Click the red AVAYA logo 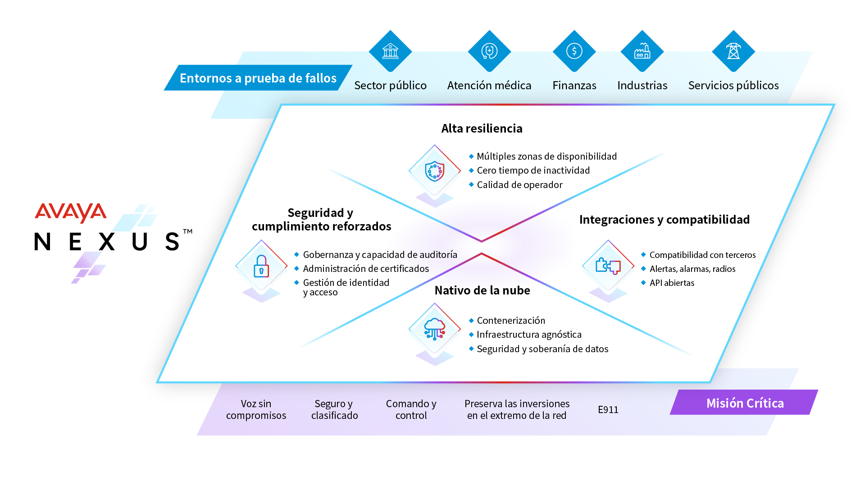click(x=71, y=212)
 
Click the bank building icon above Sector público click(x=390, y=51)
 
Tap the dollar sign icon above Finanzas click(x=574, y=51)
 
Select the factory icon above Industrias click(x=642, y=51)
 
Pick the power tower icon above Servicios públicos click(x=733, y=51)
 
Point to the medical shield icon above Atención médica click(x=489, y=51)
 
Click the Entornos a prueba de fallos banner click(x=258, y=78)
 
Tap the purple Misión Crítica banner click(x=744, y=403)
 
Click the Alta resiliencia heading click(x=482, y=129)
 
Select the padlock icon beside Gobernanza click(x=261, y=266)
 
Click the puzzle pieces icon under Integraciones click(x=608, y=266)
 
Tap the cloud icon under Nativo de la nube click(x=434, y=329)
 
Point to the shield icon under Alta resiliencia click(x=434, y=171)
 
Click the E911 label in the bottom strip click(x=608, y=409)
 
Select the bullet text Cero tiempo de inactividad click(x=533, y=170)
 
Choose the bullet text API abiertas click(x=672, y=283)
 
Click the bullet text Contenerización click(x=511, y=321)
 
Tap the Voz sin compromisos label click(x=256, y=409)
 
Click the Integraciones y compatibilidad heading click(x=664, y=220)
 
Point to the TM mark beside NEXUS click(x=188, y=231)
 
